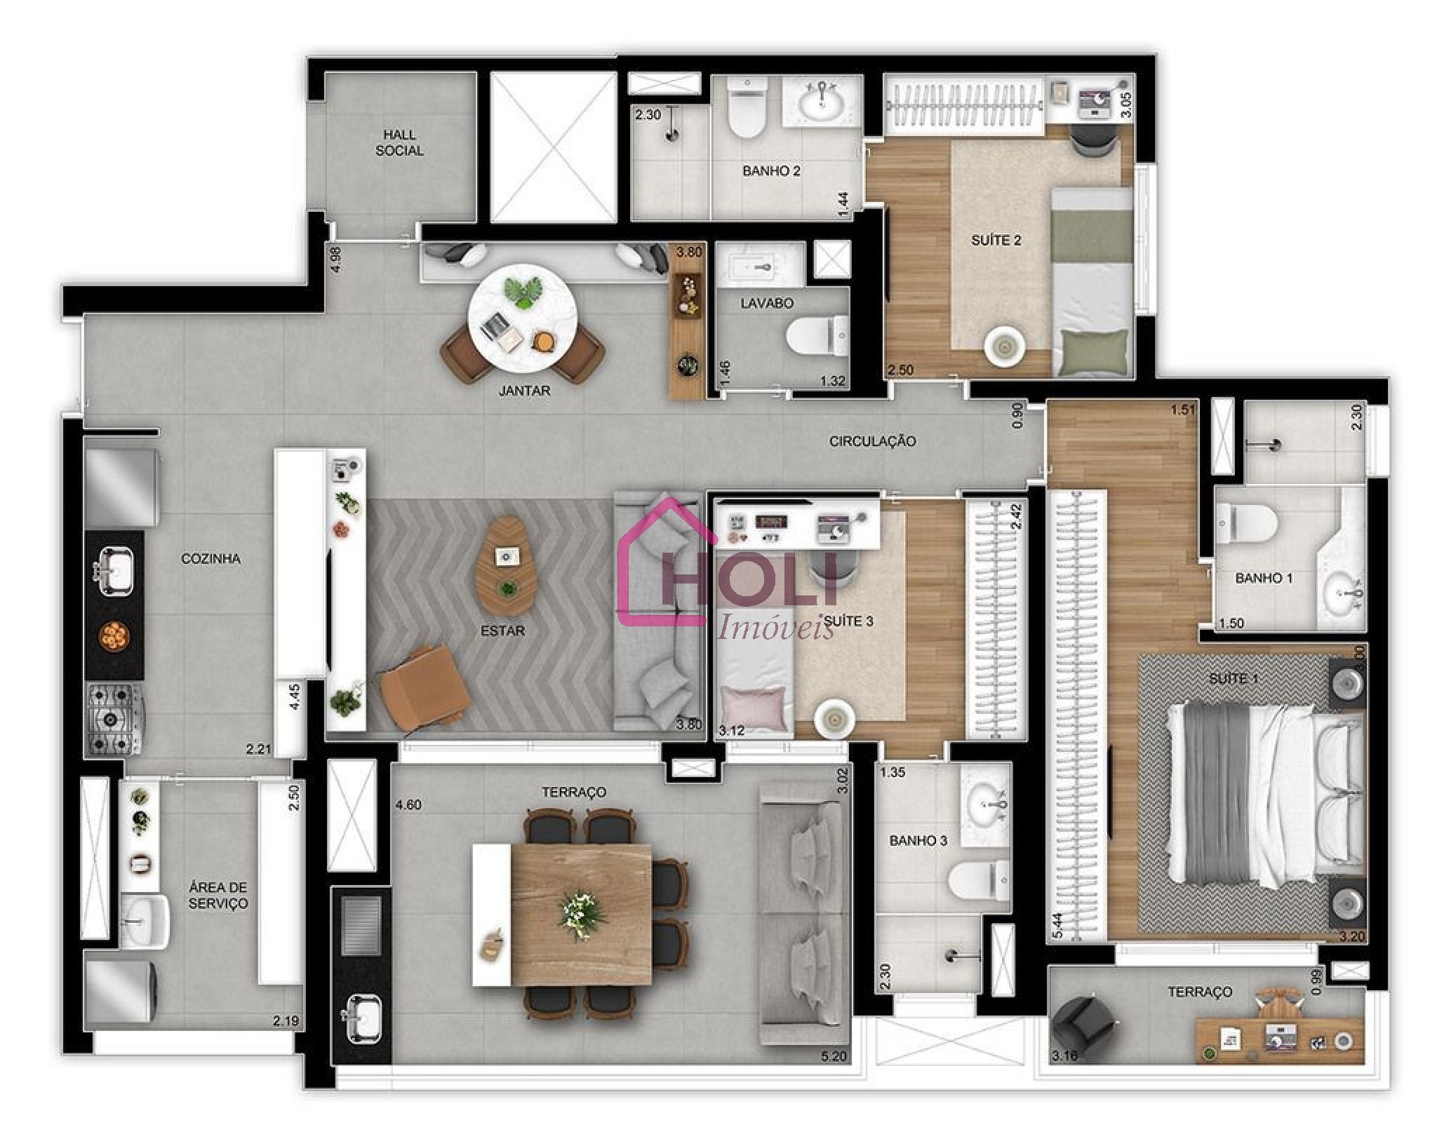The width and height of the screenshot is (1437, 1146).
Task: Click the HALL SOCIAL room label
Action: tap(399, 142)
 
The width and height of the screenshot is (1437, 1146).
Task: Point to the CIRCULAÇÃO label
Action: tap(872, 441)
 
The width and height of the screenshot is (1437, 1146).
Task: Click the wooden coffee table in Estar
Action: tap(504, 566)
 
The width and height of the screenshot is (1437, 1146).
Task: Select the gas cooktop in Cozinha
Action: tap(114, 719)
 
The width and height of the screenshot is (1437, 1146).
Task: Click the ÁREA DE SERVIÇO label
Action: tap(218, 896)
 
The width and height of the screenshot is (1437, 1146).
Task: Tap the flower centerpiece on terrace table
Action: tap(582, 915)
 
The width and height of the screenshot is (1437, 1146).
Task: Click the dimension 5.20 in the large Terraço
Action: tap(833, 1056)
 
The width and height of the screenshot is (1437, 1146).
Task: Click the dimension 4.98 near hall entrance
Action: tap(336, 259)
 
